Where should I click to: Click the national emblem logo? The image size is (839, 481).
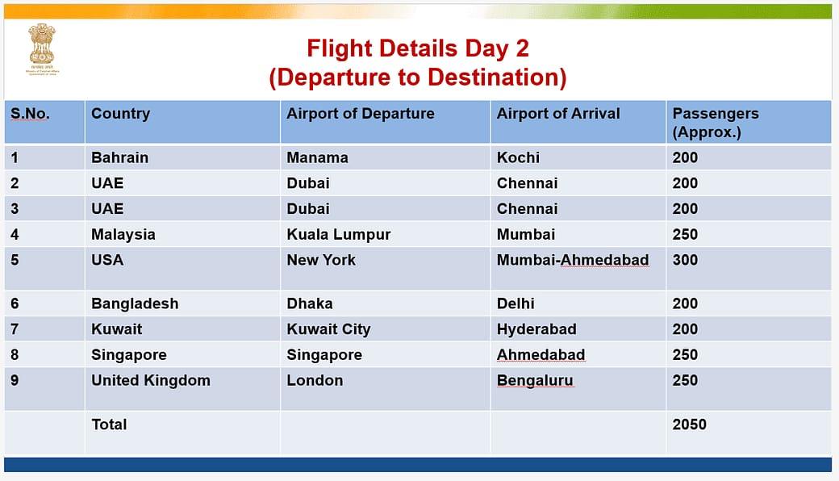click(42, 48)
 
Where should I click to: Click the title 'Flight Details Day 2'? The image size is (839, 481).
click(417, 48)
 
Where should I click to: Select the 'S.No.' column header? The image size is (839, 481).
click(30, 114)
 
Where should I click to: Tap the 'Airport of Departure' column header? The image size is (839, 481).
click(360, 114)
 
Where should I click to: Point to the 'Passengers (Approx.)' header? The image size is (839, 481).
click(716, 123)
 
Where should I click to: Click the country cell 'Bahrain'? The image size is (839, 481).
click(119, 157)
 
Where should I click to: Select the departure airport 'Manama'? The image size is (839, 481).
click(317, 157)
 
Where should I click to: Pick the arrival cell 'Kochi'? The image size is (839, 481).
click(518, 157)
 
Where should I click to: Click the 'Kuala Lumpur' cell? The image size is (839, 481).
click(338, 234)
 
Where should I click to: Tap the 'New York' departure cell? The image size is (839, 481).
click(321, 260)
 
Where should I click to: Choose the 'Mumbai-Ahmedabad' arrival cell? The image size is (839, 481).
click(573, 260)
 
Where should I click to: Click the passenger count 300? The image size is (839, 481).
click(685, 260)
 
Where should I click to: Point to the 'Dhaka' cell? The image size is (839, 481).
click(310, 303)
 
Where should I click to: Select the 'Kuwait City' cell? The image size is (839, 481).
click(328, 328)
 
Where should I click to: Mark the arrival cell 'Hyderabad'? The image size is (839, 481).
click(536, 328)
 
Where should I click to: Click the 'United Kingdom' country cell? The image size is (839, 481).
click(150, 380)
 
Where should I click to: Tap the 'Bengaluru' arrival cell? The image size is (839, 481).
click(535, 380)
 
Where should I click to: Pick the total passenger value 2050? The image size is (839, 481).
click(689, 424)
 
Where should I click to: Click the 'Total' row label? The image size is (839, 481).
click(109, 424)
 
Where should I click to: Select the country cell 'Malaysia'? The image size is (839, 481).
click(123, 234)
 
